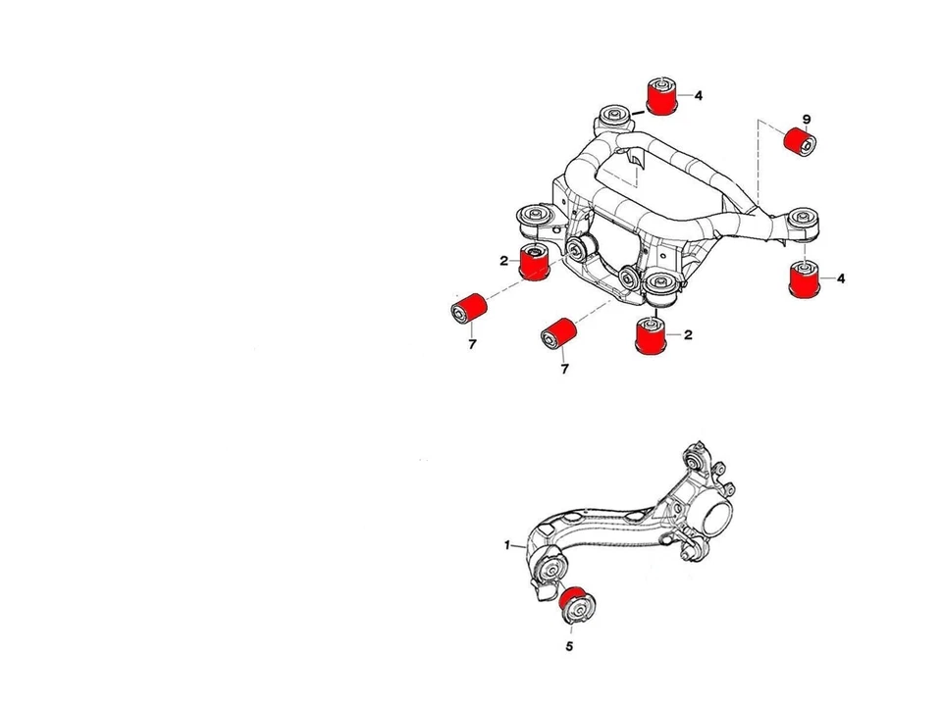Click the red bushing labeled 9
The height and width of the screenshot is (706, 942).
pos(802,141)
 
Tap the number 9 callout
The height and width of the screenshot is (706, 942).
pos(807,120)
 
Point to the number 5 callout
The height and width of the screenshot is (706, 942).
pos(569,646)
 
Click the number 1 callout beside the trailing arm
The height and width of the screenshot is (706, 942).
pos(507,545)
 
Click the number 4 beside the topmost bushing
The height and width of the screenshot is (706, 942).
pos(699,96)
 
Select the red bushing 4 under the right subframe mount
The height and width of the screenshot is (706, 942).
pos(805,279)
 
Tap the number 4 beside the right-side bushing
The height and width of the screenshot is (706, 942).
pos(841,278)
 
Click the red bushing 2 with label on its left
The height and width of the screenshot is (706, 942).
pos(534,262)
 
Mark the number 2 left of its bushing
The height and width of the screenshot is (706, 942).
pos(502,260)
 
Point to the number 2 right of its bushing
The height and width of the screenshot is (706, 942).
pos(688,334)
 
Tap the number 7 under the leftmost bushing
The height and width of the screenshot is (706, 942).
pos(471,345)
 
